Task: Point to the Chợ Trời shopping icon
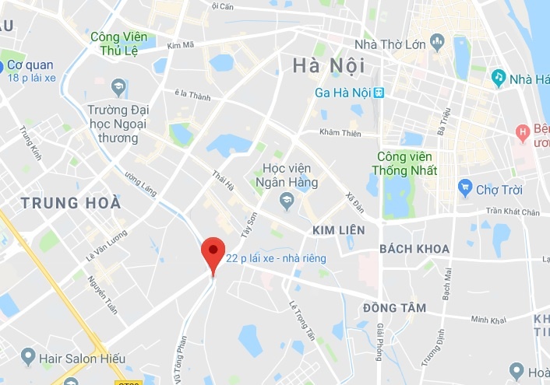[x=465, y=187]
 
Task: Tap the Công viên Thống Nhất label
[x=407, y=163]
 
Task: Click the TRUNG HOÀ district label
[x=71, y=203]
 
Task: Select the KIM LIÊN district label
[x=338, y=231]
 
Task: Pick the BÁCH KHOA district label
[x=414, y=249]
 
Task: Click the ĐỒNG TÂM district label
[x=394, y=308]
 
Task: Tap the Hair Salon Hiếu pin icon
[x=28, y=357]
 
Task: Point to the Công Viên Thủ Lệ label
[x=119, y=43]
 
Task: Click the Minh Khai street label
[x=488, y=320]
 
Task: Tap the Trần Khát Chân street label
[x=512, y=212]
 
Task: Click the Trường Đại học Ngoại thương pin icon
[x=119, y=85]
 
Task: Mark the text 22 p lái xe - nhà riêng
[x=276, y=258]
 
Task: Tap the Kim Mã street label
[x=179, y=47]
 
